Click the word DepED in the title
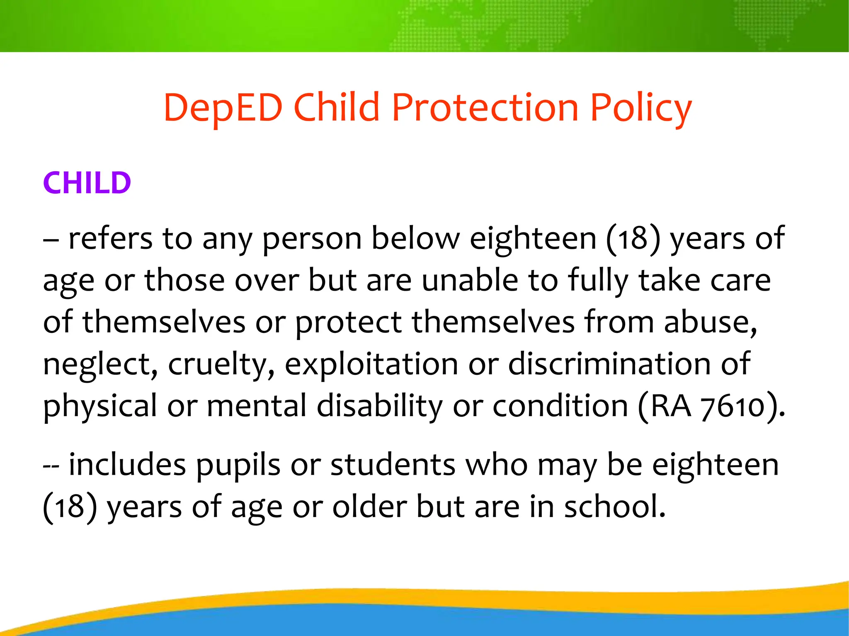click(x=223, y=108)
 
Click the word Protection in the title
click(x=485, y=108)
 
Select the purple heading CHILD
click(x=87, y=183)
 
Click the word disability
click(x=380, y=406)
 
